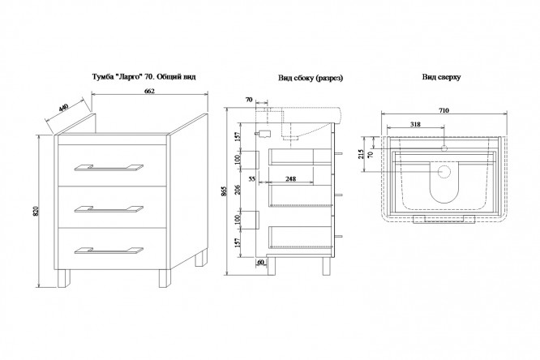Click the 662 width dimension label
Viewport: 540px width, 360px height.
(149, 91)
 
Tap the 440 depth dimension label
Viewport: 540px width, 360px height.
(63, 107)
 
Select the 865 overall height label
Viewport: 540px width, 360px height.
(224, 191)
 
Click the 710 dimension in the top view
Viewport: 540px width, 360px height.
(444, 110)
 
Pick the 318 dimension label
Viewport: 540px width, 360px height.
(415, 124)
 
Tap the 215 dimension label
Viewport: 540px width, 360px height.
(362, 153)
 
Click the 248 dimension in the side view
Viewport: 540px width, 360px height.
(290, 179)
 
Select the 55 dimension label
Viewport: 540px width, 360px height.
(251, 179)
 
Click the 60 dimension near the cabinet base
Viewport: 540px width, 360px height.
(261, 262)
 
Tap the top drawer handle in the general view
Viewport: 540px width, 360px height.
(109, 167)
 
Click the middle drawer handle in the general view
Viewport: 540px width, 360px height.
(109, 209)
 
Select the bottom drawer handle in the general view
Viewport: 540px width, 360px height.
(109, 251)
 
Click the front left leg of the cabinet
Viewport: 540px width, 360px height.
(63, 278)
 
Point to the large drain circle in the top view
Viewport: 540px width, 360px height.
(444, 172)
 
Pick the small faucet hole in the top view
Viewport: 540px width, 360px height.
(444, 148)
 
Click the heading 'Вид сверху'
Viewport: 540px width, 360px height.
(442, 77)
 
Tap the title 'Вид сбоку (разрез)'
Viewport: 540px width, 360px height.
(311, 78)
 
